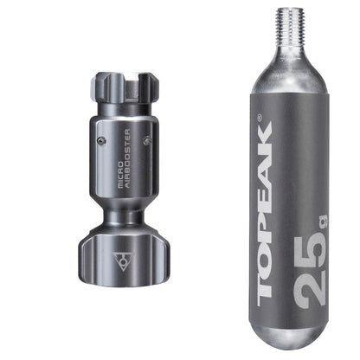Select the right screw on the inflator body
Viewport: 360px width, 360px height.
146,138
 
